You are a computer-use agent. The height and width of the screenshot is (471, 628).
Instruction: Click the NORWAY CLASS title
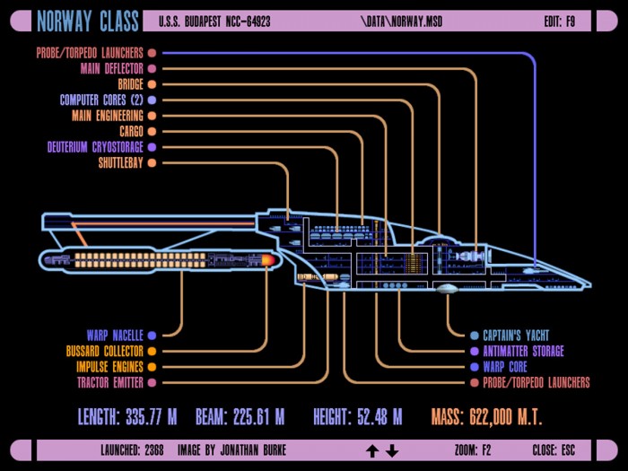[88, 21]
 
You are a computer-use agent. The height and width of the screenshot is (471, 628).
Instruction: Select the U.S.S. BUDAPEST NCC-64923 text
[214, 22]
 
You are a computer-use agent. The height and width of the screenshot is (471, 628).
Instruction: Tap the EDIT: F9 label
[560, 22]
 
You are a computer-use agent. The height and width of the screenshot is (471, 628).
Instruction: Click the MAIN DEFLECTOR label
[112, 69]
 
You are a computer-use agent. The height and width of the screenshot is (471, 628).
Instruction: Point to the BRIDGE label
[131, 84]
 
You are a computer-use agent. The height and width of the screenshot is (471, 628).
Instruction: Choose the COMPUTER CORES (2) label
[101, 100]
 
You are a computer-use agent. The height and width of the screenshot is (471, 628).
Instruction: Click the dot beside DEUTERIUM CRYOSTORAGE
[152, 147]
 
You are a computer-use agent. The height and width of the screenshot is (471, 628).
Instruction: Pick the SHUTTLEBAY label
[120, 163]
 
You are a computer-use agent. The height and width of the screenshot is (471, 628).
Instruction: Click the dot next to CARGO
[152, 131]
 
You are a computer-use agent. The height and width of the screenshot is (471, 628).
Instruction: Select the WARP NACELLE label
[115, 336]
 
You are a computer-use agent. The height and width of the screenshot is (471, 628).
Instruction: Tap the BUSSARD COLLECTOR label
[105, 352]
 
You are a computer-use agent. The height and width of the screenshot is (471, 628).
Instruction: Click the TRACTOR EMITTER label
[110, 382]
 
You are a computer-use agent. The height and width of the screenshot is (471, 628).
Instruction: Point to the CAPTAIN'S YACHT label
[516, 336]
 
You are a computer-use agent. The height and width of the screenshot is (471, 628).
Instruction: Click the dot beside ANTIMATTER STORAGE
[475, 352]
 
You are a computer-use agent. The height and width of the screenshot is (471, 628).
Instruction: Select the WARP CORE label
[505, 367]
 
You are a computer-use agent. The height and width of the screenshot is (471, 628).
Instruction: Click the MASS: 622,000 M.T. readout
[486, 417]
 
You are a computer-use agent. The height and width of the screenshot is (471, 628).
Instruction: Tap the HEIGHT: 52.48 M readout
[358, 417]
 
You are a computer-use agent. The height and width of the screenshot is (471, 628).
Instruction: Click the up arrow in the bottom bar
[372, 451]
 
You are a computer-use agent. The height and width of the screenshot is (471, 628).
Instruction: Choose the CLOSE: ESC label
[554, 450]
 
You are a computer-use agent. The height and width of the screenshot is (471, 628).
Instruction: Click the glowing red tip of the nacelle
[268, 260]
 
